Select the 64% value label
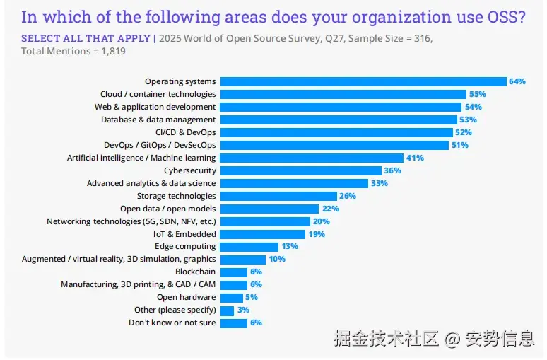517,81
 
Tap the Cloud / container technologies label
158,94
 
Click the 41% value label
415,158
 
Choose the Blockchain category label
195,272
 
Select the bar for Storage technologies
278,196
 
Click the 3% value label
244,310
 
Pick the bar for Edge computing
249,247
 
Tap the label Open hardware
186,297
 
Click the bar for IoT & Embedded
263,234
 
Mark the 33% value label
380,183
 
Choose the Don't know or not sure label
172,323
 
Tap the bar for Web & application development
341,107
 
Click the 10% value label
277,260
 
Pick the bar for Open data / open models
269,209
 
